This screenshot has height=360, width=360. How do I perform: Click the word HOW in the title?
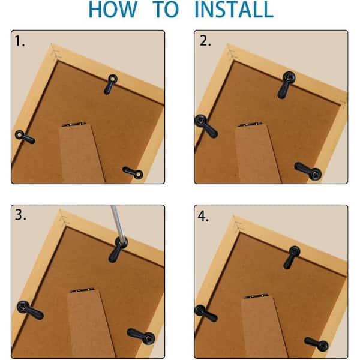[x=113, y=10]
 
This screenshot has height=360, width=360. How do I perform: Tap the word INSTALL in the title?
[x=234, y=10]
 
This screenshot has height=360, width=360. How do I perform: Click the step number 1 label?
[x=20, y=41]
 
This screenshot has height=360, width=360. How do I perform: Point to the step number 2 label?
[x=205, y=41]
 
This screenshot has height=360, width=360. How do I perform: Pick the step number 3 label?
[x=20, y=215]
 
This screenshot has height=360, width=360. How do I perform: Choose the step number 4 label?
[x=203, y=216]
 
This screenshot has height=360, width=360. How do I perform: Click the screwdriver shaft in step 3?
[x=118, y=223]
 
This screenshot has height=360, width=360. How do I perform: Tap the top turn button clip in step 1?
[x=111, y=84]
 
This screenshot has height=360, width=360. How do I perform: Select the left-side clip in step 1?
[x=25, y=137]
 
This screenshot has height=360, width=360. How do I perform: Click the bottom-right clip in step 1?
[x=133, y=173]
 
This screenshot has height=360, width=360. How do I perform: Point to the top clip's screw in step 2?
[x=289, y=77]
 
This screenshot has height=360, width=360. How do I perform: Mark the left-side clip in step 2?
[x=206, y=126]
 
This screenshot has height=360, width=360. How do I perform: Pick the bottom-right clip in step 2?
[x=308, y=171]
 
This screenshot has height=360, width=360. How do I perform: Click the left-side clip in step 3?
[x=30, y=310]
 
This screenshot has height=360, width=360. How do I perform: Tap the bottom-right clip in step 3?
[x=141, y=336]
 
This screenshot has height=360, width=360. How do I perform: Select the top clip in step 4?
[x=292, y=257]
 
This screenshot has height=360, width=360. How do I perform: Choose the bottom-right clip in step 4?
[x=316, y=344]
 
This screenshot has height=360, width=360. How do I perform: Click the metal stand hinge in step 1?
[x=74, y=124]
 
